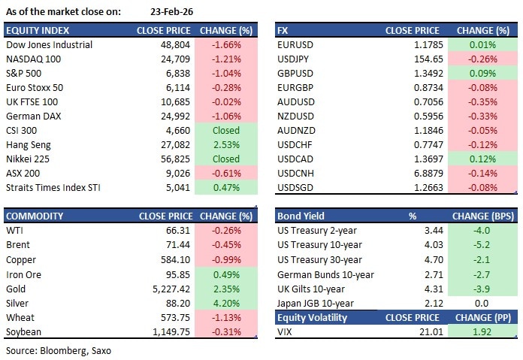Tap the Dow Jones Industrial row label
pyautogui.click(x=49, y=44)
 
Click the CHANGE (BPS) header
pyautogui.click(x=482, y=216)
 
